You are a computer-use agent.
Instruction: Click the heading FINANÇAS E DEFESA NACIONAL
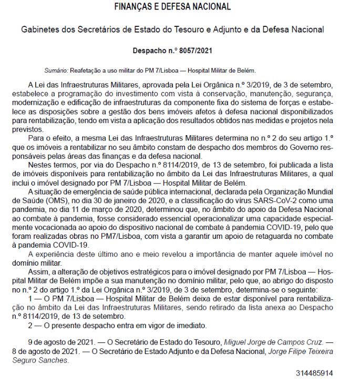pos(180,8)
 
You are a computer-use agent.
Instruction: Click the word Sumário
pos(55,71)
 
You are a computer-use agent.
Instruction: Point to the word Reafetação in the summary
pos(80,71)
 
